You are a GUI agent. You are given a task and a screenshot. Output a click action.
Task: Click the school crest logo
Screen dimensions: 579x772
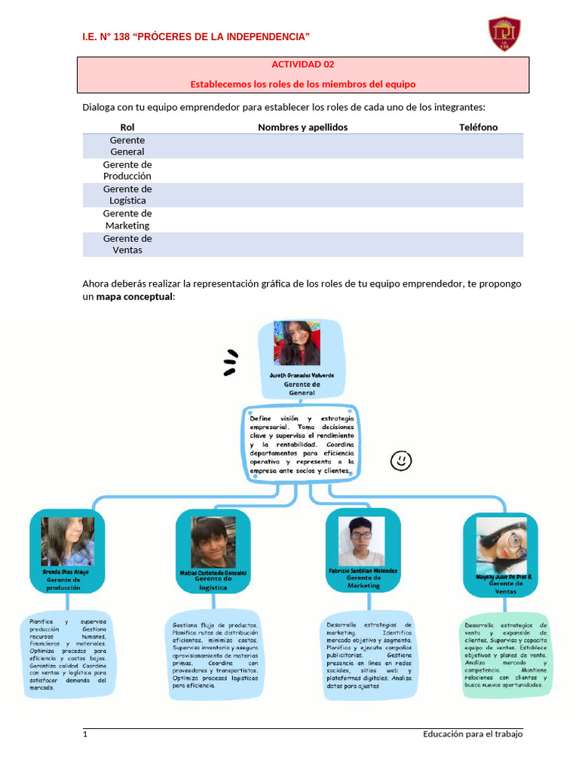tap(505, 34)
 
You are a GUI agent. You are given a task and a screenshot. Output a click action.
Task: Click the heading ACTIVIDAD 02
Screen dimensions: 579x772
tap(303, 65)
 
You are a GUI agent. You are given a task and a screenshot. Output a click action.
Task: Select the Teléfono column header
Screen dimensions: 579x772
tap(478, 127)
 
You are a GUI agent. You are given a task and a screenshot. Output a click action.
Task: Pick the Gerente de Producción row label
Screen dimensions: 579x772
tap(127, 170)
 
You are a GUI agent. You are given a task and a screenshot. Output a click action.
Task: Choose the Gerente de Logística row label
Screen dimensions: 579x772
tap(127, 195)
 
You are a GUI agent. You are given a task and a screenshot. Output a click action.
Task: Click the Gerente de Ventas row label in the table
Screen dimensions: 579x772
tap(127, 244)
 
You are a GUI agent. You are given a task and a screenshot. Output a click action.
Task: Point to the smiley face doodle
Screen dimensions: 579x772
tap(401, 460)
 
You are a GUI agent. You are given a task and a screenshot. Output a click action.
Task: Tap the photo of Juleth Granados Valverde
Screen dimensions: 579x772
tap(301, 344)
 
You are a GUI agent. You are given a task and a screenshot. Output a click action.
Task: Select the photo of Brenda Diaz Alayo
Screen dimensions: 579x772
tap(68, 541)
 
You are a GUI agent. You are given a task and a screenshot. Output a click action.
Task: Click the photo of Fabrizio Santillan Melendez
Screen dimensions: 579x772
tap(361, 541)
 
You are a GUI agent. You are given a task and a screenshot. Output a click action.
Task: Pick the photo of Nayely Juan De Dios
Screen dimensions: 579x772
tap(501, 544)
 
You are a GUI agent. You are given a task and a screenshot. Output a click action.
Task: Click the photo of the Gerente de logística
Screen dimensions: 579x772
tap(213, 541)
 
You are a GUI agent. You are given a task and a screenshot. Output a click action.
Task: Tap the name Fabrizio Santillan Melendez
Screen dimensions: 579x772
tap(363, 571)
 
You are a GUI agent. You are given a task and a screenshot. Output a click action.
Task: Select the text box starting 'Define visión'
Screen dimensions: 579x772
tap(301, 444)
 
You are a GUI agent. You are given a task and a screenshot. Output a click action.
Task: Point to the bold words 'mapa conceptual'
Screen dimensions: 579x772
tap(135, 297)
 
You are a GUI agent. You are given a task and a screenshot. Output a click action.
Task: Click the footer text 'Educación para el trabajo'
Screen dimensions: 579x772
tap(473, 734)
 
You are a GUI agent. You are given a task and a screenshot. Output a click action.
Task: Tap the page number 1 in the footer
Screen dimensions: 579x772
tap(85, 734)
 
